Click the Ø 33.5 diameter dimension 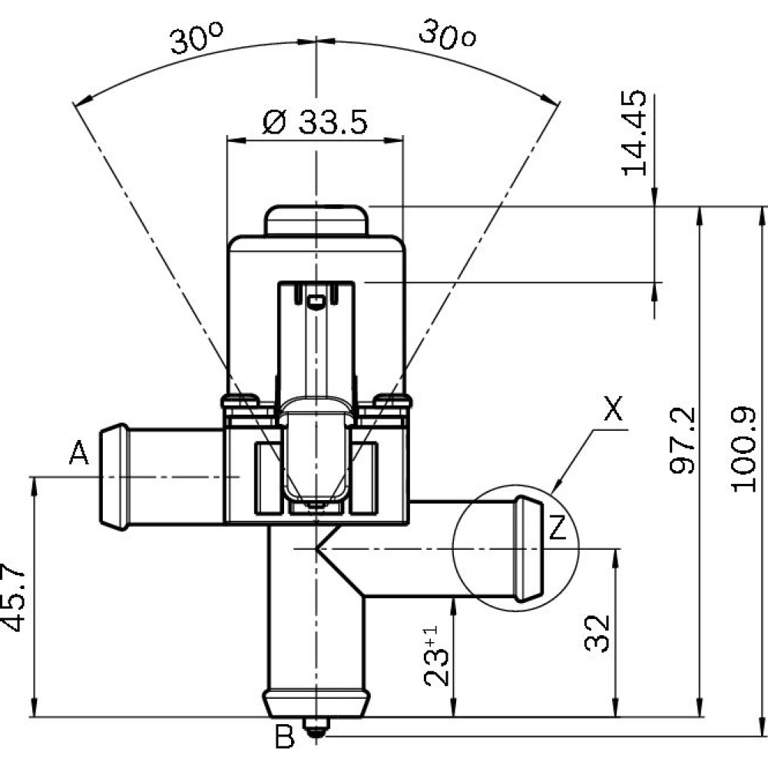[314, 122]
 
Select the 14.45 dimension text [634, 133]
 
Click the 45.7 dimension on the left [13, 598]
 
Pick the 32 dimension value [598, 634]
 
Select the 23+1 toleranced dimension [436, 656]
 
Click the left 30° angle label [197, 38]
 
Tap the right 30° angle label [447, 35]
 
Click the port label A [79, 452]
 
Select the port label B [284, 737]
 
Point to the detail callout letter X [613, 409]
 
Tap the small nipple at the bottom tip [316, 727]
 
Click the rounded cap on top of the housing [316, 220]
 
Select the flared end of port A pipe [114, 477]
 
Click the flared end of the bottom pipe [316, 703]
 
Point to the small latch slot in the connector [315, 302]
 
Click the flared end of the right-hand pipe [529, 549]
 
